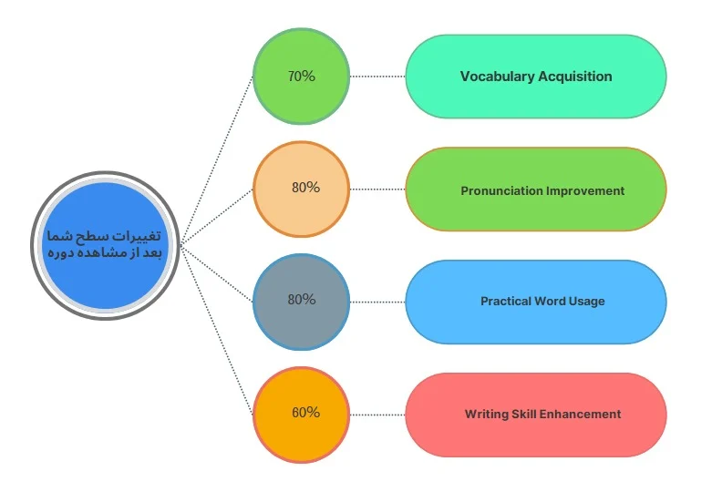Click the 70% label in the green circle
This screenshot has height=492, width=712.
click(x=301, y=77)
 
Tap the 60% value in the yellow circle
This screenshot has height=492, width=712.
click(x=305, y=413)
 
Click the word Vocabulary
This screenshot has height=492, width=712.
click(x=497, y=77)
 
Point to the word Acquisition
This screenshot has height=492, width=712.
click(x=575, y=77)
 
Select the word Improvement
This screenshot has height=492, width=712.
click(x=585, y=191)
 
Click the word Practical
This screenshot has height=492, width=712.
click(x=507, y=302)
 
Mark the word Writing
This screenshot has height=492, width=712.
click(x=486, y=415)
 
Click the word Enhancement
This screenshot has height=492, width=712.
click(x=581, y=415)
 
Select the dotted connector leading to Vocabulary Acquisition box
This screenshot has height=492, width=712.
click(x=377, y=77)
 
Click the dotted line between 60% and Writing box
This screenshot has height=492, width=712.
click(x=377, y=415)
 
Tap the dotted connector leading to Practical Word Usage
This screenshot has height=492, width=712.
click(x=377, y=302)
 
